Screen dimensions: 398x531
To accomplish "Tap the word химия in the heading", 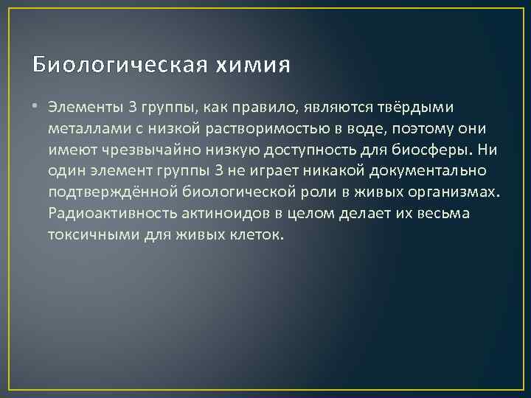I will point(253,65).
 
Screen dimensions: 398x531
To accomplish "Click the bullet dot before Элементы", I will point(38,107).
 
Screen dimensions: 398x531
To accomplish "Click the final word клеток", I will point(255,235).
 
